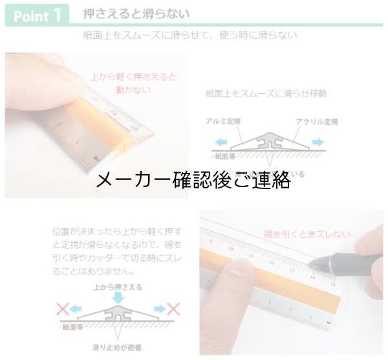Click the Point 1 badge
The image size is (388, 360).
point(37,16)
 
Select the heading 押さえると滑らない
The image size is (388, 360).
point(136,14)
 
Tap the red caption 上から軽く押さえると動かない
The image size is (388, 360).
point(135,83)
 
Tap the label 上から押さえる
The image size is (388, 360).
point(118,286)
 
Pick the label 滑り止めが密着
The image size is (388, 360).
point(118,348)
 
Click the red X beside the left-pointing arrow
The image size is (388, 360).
point(63,309)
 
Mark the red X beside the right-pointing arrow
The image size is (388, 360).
point(173,309)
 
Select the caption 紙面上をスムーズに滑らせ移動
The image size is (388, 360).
point(266,93)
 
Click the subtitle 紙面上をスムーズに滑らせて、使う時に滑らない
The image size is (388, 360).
point(190,35)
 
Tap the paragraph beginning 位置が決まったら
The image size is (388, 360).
point(118,251)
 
